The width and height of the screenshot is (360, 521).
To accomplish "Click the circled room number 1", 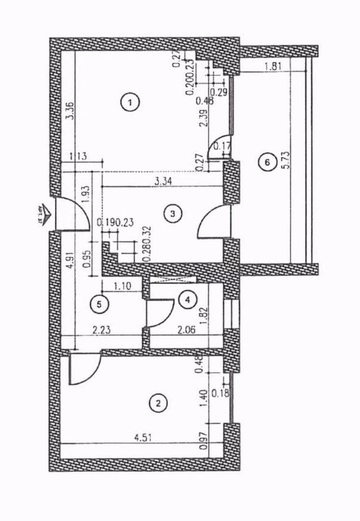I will [130, 102].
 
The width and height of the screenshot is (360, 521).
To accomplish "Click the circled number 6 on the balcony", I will [265, 163].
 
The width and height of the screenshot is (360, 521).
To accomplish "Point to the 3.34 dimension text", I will [163, 182].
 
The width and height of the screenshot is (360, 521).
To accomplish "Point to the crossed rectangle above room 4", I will [173, 280].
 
